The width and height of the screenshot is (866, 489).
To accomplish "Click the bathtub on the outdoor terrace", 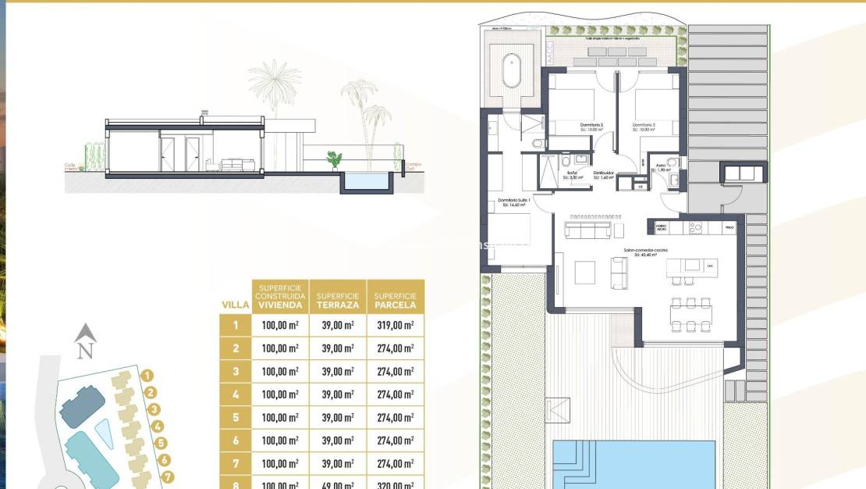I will (x=512, y=71).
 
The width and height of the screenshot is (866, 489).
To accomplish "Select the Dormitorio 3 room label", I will (x=644, y=125).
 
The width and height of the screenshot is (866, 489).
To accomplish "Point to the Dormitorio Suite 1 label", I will (x=514, y=201).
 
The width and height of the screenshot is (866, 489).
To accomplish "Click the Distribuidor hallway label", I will (x=604, y=173).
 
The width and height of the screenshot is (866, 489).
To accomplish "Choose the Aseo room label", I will (x=661, y=166).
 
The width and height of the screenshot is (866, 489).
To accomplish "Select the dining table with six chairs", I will (x=691, y=314).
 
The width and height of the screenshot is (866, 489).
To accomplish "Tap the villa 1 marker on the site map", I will (x=147, y=376).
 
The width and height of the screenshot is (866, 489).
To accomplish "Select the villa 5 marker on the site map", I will (x=162, y=443).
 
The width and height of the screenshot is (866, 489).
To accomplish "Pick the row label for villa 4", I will (x=236, y=394).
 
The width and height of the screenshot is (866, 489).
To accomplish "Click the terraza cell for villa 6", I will (x=337, y=441).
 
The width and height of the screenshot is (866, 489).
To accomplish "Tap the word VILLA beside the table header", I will (x=236, y=305).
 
